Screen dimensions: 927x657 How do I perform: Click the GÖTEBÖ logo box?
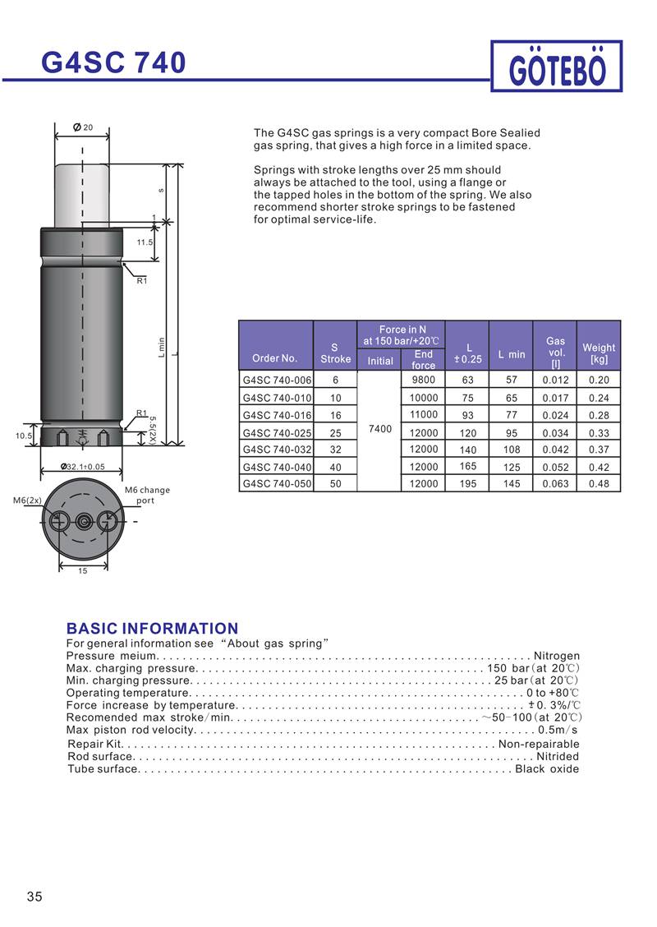[x=556, y=67]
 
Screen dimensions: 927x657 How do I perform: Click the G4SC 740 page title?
[x=114, y=62]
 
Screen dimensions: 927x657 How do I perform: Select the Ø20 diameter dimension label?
[x=83, y=127]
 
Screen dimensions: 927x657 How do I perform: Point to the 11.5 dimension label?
[x=145, y=242]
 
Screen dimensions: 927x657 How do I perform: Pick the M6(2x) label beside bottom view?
[x=27, y=500]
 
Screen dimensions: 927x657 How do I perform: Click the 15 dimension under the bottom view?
[x=82, y=570]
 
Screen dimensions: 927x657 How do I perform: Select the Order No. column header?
[x=275, y=358]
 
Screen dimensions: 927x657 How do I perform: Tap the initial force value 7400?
[x=380, y=429]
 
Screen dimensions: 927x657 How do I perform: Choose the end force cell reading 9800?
[x=423, y=380]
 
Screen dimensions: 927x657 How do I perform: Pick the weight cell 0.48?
[x=599, y=484]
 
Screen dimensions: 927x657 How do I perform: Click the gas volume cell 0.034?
[x=555, y=432]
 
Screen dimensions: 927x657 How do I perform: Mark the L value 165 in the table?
[x=468, y=467]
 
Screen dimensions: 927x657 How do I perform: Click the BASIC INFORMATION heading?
[x=152, y=629]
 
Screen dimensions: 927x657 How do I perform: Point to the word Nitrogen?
[x=557, y=656]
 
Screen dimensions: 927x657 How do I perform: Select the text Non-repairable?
[x=539, y=744]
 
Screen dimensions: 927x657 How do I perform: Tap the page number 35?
[x=34, y=897]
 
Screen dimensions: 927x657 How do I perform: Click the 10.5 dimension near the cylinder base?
[x=25, y=436]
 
